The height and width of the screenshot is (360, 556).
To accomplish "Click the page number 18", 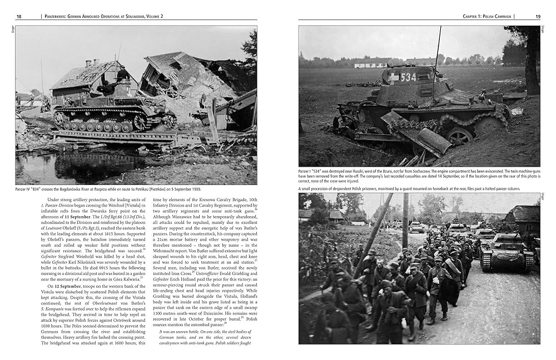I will pos(19,16).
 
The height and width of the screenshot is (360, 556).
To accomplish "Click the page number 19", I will pos(538,16).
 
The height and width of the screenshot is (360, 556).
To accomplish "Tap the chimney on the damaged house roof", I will pos(88,63).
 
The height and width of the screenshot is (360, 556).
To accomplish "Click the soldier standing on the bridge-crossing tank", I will pos(123,74).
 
